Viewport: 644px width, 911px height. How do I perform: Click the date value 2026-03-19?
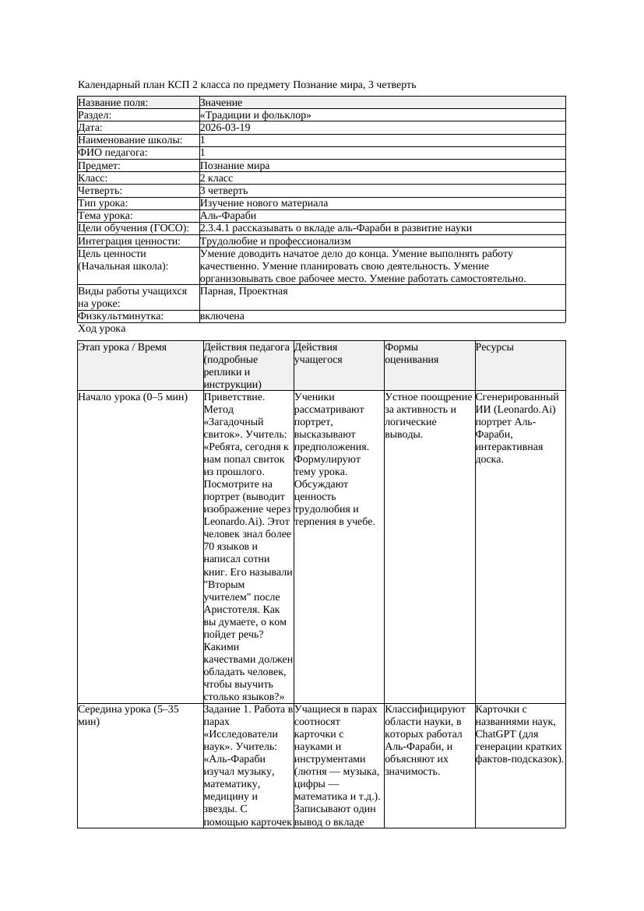coord(225,128)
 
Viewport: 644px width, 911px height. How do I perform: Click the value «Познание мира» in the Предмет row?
coord(234,166)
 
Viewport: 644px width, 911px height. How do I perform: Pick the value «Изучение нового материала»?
coord(263,203)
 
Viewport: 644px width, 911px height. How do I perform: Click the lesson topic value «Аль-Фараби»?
coord(227,216)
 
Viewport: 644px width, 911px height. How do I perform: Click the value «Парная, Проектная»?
coord(244,291)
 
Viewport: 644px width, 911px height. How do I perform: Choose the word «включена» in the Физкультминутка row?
coord(222,316)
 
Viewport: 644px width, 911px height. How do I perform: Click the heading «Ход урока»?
coord(102,329)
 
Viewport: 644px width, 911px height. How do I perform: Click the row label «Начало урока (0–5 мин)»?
coord(133,397)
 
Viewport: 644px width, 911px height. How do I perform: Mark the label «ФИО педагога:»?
coord(113,153)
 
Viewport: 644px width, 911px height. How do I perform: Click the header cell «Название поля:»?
coord(113,103)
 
